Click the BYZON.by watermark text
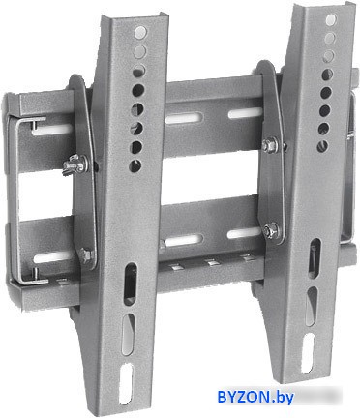[255, 397]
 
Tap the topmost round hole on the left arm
[141, 32]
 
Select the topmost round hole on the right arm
[331, 20]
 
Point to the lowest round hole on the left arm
[135, 165]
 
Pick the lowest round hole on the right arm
[322, 147]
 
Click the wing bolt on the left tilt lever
[75, 165]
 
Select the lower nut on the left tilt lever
[85, 254]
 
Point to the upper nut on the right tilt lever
[270, 145]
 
